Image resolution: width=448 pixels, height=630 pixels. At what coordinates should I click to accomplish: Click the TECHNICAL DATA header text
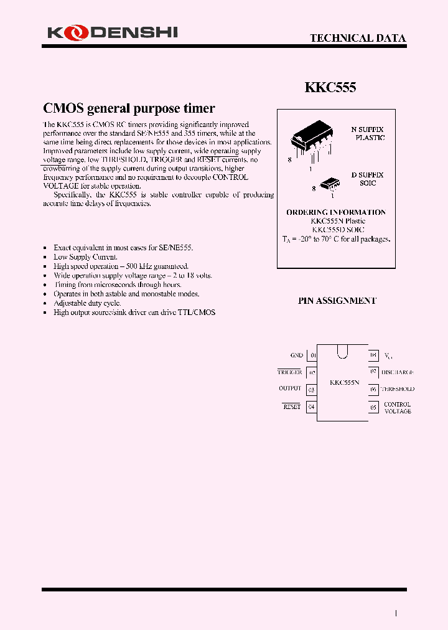click(358, 38)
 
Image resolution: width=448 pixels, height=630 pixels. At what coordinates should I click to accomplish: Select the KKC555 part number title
click(330, 88)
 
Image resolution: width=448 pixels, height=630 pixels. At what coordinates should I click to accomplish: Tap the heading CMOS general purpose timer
click(129, 108)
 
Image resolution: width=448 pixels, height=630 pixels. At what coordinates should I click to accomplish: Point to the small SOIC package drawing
click(329, 182)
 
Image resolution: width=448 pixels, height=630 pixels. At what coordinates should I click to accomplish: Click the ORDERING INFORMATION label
click(336, 212)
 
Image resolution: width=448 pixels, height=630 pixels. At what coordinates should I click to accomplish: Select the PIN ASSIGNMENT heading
click(337, 300)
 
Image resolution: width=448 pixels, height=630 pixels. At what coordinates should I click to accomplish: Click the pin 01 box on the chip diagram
click(312, 355)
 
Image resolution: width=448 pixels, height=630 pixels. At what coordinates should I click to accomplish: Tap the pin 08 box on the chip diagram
click(373, 355)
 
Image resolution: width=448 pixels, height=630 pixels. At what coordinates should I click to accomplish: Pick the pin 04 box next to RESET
click(312, 407)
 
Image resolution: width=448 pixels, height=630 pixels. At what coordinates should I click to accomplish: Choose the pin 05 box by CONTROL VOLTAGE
click(373, 407)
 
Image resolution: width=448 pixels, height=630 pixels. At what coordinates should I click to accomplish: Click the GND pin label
click(296, 355)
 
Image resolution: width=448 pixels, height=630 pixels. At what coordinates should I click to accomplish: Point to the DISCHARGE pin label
click(397, 372)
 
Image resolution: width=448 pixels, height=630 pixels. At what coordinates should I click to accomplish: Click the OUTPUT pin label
click(290, 388)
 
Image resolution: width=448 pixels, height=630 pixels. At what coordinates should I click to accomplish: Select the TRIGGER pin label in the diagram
click(289, 372)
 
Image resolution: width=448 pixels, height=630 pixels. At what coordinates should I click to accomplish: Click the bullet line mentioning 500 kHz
click(121, 266)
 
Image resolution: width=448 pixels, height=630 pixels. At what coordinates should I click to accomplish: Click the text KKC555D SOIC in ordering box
click(337, 230)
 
